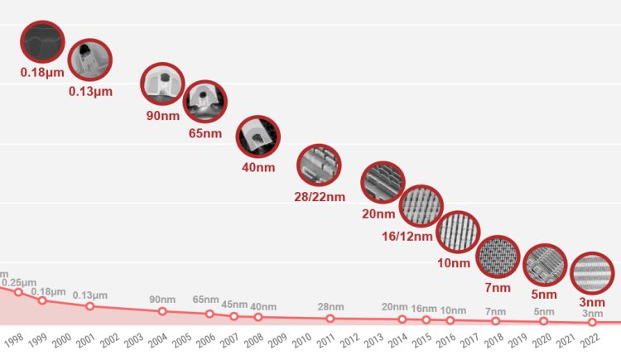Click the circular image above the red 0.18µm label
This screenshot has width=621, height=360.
point(41,42)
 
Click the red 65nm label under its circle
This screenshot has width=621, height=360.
point(205,132)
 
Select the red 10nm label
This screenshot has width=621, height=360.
point(454,263)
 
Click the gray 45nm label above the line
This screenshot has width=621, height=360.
point(234,305)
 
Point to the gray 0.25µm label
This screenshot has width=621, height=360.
point(18,281)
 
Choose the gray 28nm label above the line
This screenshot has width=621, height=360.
point(330,307)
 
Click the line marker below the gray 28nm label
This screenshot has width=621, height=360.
point(330,319)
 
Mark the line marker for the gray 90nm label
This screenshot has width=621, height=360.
point(162,311)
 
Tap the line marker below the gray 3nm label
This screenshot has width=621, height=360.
point(592,323)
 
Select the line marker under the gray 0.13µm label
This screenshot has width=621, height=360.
point(89,306)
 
